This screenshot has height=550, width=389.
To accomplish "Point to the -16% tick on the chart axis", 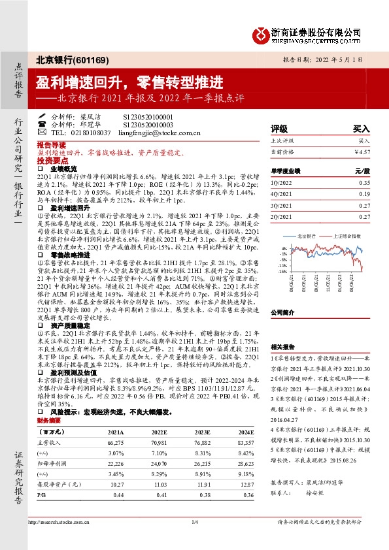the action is pyautogui.click(x=284, y=271).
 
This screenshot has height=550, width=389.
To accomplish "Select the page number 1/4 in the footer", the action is pyautogui.click(x=194, y=540).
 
